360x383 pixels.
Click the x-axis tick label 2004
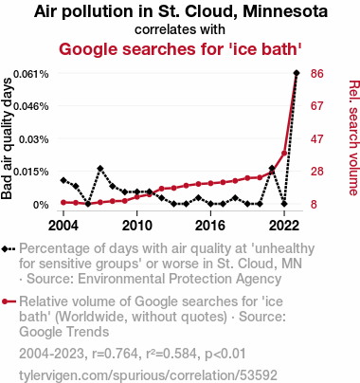(x=63, y=226)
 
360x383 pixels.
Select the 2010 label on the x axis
(x=137, y=226)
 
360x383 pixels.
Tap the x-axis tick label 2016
(x=210, y=226)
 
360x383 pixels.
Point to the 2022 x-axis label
(x=284, y=226)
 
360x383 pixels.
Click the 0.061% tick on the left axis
(x=31, y=74)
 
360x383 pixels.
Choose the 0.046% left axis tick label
(x=31, y=106)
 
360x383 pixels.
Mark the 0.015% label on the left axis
(x=31, y=172)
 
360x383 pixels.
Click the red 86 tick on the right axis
(x=317, y=74)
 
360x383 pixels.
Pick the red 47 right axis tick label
(x=317, y=139)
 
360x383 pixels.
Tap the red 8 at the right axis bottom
(x=314, y=205)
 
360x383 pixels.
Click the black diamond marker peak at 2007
(x=100, y=169)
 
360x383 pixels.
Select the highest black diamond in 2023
(x=297, y=73)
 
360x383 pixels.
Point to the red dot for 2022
(x=284, y=154)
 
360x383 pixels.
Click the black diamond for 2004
(x=63, y=180)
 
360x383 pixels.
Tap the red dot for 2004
(x=63, y=202)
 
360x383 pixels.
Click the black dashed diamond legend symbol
(x=9, y=249)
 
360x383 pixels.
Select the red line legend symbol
(x=9, y=301)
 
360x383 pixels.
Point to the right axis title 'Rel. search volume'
(x=354, y=137)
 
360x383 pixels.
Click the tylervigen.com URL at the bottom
(x=148, y=375)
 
